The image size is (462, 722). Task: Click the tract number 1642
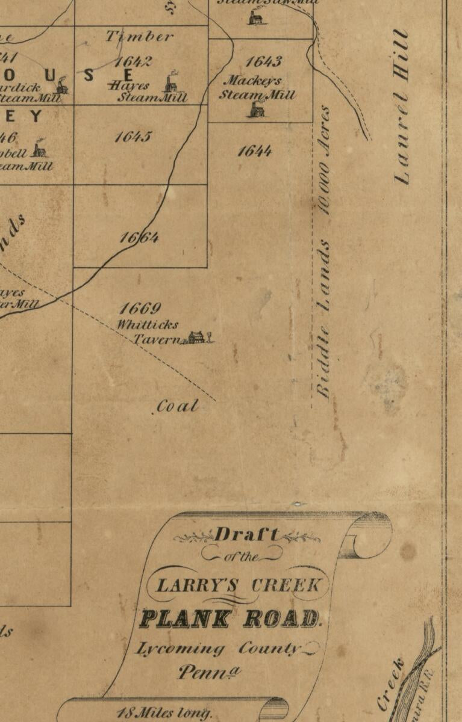133,62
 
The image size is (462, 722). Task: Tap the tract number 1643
263,62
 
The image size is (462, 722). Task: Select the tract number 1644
254,150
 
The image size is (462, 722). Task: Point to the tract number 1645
133,137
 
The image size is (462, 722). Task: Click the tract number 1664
139,238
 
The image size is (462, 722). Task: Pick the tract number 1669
140,309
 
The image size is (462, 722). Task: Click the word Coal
177,407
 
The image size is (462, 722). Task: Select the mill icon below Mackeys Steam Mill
257,109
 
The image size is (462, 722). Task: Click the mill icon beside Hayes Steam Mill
172,81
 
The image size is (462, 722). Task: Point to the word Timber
140,36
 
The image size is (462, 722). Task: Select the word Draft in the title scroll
247,534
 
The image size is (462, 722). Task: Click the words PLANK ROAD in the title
229,619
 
